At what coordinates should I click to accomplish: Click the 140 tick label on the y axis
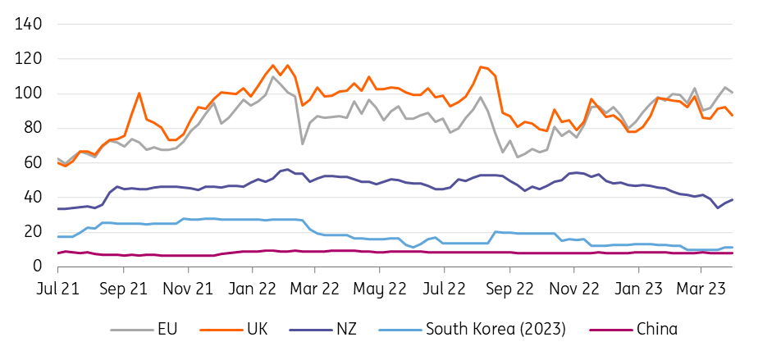click(x=27, y=25)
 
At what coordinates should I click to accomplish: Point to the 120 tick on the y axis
click(x=27, y=59)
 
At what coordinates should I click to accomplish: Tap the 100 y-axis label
click(x=27, y=93)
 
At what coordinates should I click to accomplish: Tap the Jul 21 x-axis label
click(x=59, y=289)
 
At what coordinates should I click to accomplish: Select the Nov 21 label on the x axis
click(x=188, y=289)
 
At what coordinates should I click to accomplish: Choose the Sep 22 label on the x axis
click(x=509, y=289)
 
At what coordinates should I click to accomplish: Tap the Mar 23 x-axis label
click(x=702, y=289)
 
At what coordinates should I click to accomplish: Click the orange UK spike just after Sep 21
click(x=139, y=93)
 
